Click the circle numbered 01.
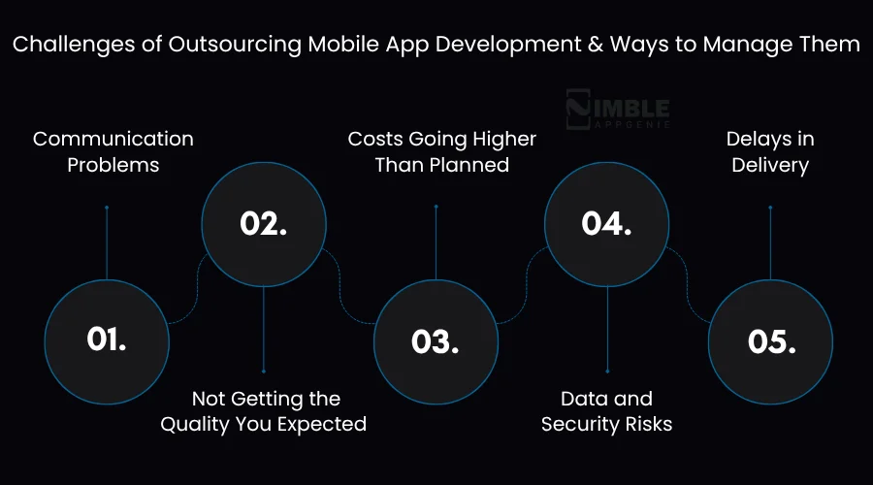coord(107,339)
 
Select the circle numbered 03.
coord(435,339)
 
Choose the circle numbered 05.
coord(770,339)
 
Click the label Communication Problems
coord(113,151)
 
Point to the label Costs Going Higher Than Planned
coord(442,151)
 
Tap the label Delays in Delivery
coord(770,151)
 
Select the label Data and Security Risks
coord(607,410)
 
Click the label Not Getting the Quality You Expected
coord(264,410)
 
